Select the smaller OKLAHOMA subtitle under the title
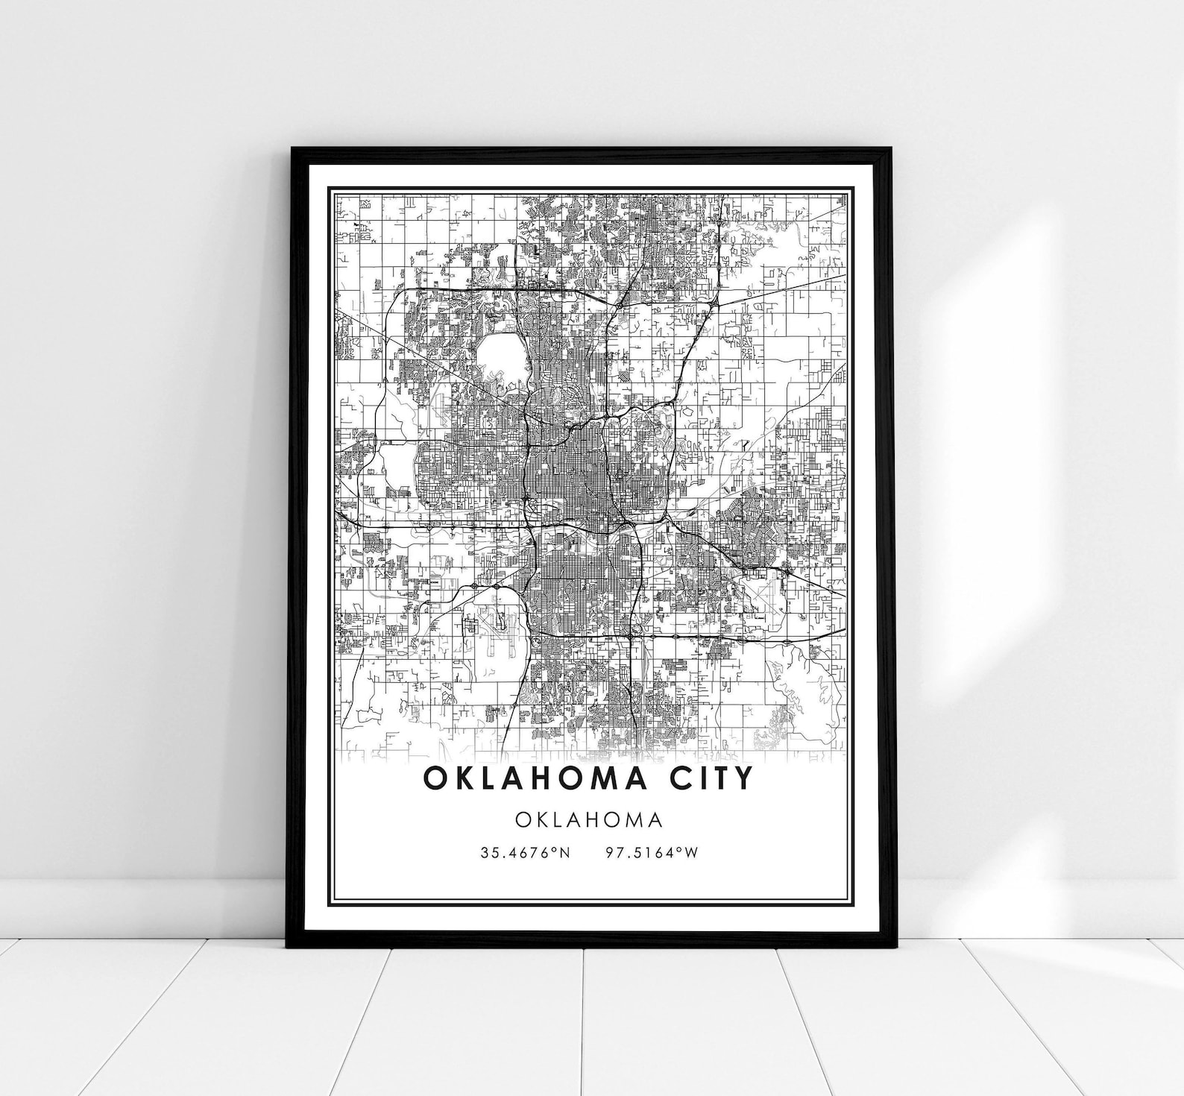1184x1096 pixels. click(588, 819)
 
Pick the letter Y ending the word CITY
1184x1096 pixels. click(743, 778)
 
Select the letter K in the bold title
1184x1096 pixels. click(462, 778)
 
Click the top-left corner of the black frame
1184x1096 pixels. click(293, 149)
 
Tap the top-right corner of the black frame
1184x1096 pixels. click(890, 149)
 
